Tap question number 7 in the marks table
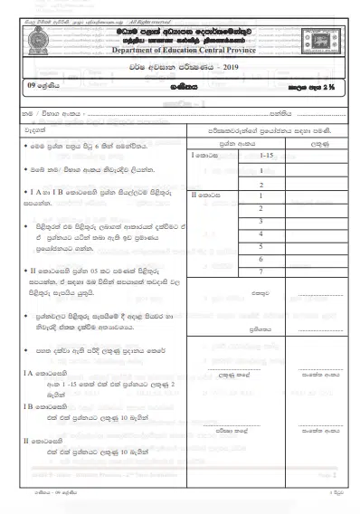[261, 271]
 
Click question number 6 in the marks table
[261, 258]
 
